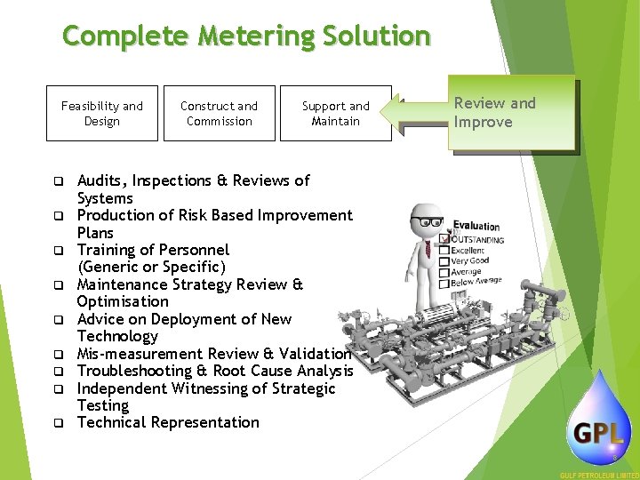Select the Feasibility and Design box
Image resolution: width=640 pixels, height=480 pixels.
pyautogui.click(x=101, y=113)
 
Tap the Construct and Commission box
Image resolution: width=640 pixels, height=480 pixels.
pyautogui.click(x=219, y=113)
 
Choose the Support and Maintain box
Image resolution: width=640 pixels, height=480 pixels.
pyautogui.click(x=335, y=113)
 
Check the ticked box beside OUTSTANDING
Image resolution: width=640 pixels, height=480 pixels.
pyautogui.click(x=445, y=239)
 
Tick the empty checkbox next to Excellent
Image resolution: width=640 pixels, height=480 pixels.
pyautogui.click(x=445, y=251)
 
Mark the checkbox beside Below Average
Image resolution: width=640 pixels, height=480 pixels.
pyautogui.click(x=444, y=284)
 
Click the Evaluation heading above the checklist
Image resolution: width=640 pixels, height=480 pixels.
pyautogui.click(x=476, y=226)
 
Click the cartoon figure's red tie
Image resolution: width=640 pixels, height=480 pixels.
pyautogui.click(x=428, y=248)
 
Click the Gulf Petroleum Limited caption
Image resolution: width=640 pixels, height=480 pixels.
pyautogui.click(x=598, y=475)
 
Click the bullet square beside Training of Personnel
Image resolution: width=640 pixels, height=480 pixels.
pyautogui.click(x=54, y=251)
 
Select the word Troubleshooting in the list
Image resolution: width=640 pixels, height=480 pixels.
pyautogui.click(x=134, y=371)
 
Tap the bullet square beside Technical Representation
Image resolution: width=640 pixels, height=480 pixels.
pyautogui.click(x=54, y=423)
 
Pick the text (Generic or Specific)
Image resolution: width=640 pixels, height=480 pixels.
pyautogui.click(x=152, y=268)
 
